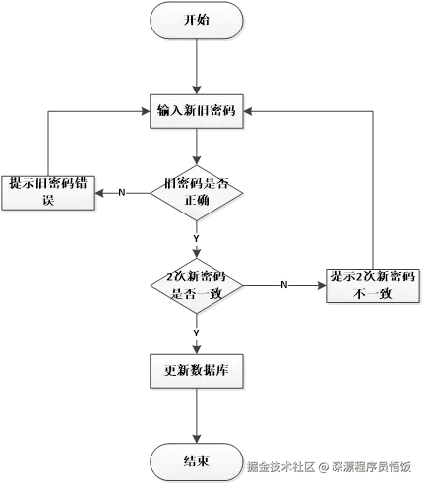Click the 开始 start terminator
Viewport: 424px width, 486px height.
click(x=197, y=19)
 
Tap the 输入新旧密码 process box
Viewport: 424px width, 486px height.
click(x=196, y=110)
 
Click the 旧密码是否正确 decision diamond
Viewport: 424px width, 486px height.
click(x=196, y=192)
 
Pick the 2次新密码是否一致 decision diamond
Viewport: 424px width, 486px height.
click(x=197, y=284)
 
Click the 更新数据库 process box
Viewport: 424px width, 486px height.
click(x=197, y=371)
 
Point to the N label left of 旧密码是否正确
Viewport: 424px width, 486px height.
click(x=121, y=192)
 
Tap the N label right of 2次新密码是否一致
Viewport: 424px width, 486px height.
click(x=284, y=284)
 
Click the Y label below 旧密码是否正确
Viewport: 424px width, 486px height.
click(x=196, y=239)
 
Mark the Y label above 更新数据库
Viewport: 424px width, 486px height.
click(x=197, y=333)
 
